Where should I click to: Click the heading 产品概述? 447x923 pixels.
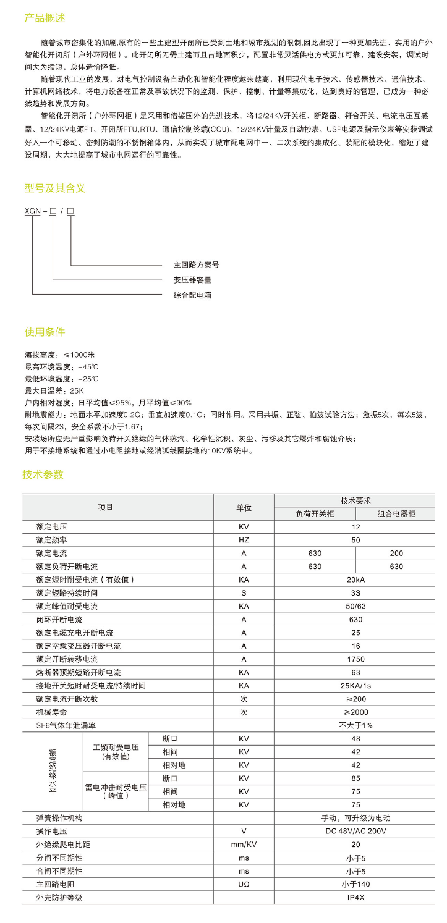45,19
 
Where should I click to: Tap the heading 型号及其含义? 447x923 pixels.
54,188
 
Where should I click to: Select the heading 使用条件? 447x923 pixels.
45,332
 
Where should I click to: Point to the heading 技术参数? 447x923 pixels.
43,474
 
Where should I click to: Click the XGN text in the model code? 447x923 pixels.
33,211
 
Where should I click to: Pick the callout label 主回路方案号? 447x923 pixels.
196,264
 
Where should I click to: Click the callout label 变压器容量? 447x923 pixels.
192,280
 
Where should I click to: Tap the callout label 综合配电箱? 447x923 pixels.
192,295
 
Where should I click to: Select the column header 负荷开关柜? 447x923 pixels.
315,514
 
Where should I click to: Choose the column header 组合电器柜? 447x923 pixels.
396,514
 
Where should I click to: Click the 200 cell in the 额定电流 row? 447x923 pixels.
396,553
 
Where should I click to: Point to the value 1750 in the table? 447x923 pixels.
355,659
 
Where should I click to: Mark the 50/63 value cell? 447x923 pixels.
355,606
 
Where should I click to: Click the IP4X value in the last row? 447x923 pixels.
355,898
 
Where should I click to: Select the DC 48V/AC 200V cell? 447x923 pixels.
355,831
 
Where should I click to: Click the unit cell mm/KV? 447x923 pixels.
244,845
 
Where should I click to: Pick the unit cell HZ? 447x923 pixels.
244,540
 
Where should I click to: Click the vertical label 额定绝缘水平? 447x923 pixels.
53,772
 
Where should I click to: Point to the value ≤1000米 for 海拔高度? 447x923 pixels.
77,355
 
